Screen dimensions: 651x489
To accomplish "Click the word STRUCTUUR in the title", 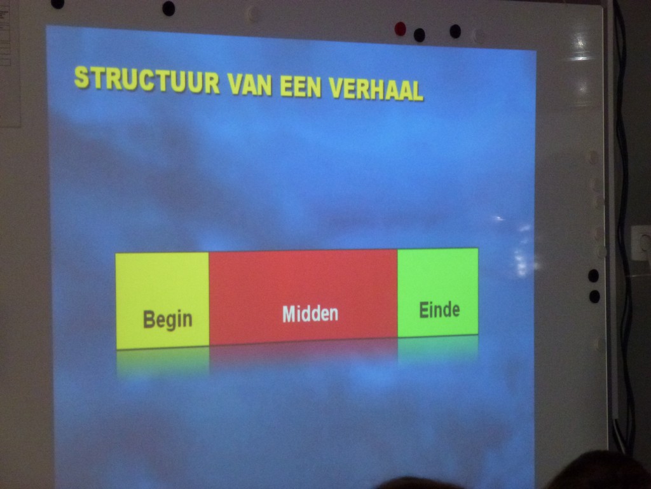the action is [x=147, y=80].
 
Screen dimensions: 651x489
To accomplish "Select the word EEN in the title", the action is [x=301, y=87].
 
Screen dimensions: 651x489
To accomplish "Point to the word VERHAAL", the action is [x=376, y=89].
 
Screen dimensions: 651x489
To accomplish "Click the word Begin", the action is [x=168, y=320].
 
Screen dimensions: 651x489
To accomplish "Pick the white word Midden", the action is [x=310, y=313].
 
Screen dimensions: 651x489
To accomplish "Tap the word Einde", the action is [x=439, y=310].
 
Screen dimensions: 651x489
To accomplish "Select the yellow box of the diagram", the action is [x=162, y=301].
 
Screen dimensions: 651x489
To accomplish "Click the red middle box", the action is [x=303, y=297].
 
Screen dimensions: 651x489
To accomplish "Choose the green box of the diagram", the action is [x=438, y=292].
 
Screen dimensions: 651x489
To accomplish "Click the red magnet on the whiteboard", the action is [x=401, y=29].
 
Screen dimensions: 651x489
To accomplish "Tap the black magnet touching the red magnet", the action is [x=420, y=35].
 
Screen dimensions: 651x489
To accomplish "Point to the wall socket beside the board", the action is [x=641, y=243].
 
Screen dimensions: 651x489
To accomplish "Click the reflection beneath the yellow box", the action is [x=163, y=362].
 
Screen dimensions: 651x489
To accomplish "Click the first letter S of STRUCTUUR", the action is [x=82, y=77].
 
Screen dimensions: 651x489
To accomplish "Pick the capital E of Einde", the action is [x=423, y=310].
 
